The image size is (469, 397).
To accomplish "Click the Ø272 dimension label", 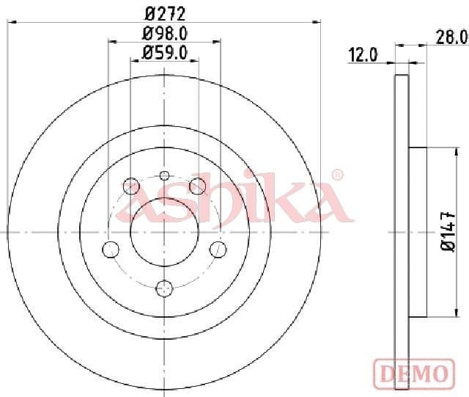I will tap(164, 12).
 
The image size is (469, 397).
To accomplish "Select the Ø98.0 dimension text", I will tap(164, 32).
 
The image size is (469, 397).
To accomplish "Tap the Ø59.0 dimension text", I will tap(164, 51).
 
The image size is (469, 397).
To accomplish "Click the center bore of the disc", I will tap(164, 232).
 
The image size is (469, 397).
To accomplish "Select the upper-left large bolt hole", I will tap(131, 186).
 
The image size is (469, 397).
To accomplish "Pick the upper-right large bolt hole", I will tap(197, 186).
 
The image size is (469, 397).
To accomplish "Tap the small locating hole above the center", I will tap(164, 175).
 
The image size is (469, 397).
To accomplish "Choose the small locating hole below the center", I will tap(164, 287).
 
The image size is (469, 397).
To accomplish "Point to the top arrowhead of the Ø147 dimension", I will tap(443, 150).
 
